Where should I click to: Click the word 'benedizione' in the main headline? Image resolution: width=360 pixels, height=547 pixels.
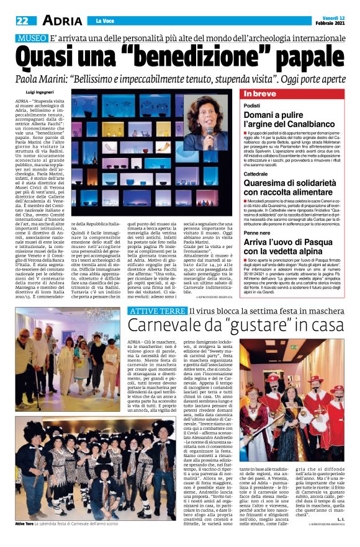point(187,60)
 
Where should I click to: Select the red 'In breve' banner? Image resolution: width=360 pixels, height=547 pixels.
point(260,94)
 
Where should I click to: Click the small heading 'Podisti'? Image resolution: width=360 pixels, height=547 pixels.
point(252,106)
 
